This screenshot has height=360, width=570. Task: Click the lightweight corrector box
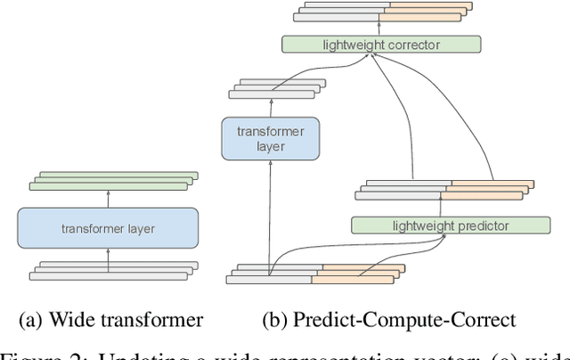(x=380, y=44)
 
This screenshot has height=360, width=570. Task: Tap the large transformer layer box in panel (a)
(x=108, y=228)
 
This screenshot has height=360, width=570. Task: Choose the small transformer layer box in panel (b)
(x=270, y=139)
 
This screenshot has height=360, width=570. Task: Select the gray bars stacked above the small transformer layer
(x=266, y=88)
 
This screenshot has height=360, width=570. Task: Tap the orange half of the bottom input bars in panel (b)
(x=354, y=273)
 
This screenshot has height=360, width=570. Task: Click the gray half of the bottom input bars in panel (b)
(x=272, y=273)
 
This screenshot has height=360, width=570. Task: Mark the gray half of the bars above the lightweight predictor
(x=405, y=192)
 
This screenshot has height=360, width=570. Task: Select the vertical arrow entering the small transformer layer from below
(x=270, y=214)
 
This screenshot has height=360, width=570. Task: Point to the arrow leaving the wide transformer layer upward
(x=108, y=199)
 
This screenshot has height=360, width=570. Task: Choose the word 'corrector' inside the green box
(x=413, y=44)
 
